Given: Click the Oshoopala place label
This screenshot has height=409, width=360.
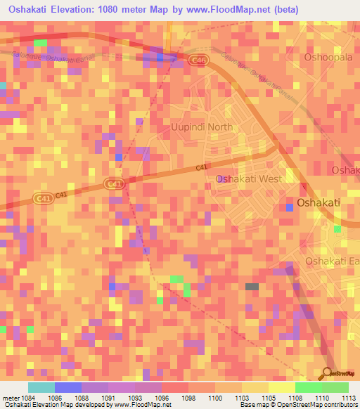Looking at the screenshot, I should [328, 57].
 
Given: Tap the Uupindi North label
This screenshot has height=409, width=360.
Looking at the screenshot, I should [202, 127].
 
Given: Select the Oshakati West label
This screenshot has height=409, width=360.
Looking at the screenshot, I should [248, 179].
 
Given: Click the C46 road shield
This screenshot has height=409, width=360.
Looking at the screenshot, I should [198, 62].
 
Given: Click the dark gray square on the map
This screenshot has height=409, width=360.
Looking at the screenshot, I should [252, 287].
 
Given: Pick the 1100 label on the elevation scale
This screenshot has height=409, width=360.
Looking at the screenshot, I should [215, 397].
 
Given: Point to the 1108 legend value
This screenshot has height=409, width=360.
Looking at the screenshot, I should [295, 397].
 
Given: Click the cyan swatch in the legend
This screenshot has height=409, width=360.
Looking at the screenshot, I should [41, 387].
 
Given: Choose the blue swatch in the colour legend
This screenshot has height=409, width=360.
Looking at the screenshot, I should [68, 387].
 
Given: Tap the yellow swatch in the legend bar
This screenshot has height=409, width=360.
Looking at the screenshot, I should [281, 387].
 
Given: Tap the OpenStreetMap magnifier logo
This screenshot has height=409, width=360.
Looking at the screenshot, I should [328, 373].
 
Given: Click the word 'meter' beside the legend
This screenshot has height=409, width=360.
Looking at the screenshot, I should [10, 397].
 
